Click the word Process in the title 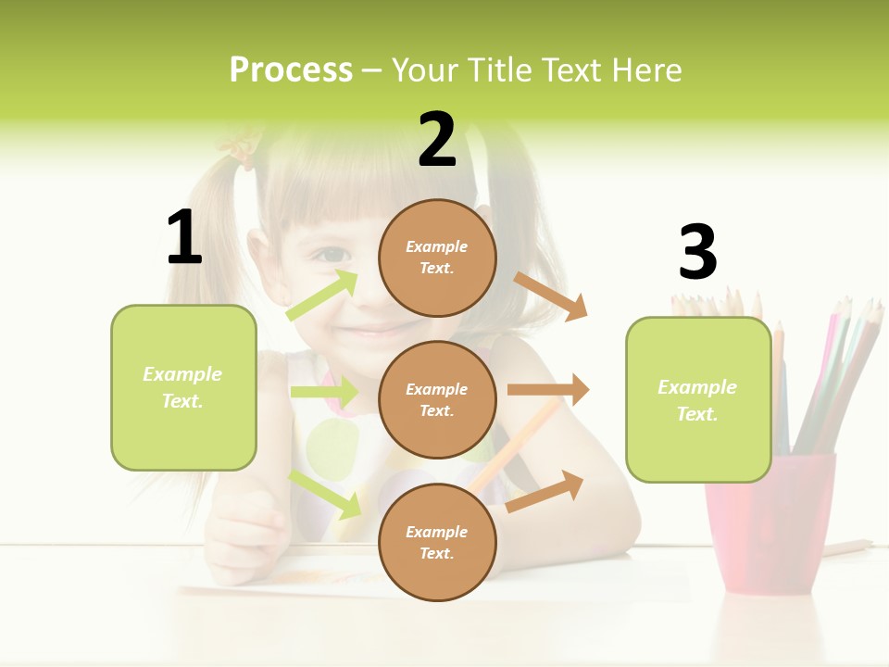coord(291,70)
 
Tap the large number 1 coord(184,237)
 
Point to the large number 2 coord(437,140)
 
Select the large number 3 coord(697,252)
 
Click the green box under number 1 coord(183,387)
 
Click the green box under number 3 coord(698,399)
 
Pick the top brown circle coord(437,257)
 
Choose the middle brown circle coord(437,399)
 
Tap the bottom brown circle coord(437,542)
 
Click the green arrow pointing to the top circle coord(323,296)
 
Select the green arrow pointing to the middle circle coord(324,392)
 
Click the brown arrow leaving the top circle coord(551,296)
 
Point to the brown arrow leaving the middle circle coord(548,390)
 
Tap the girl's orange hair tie coord(242,148)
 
